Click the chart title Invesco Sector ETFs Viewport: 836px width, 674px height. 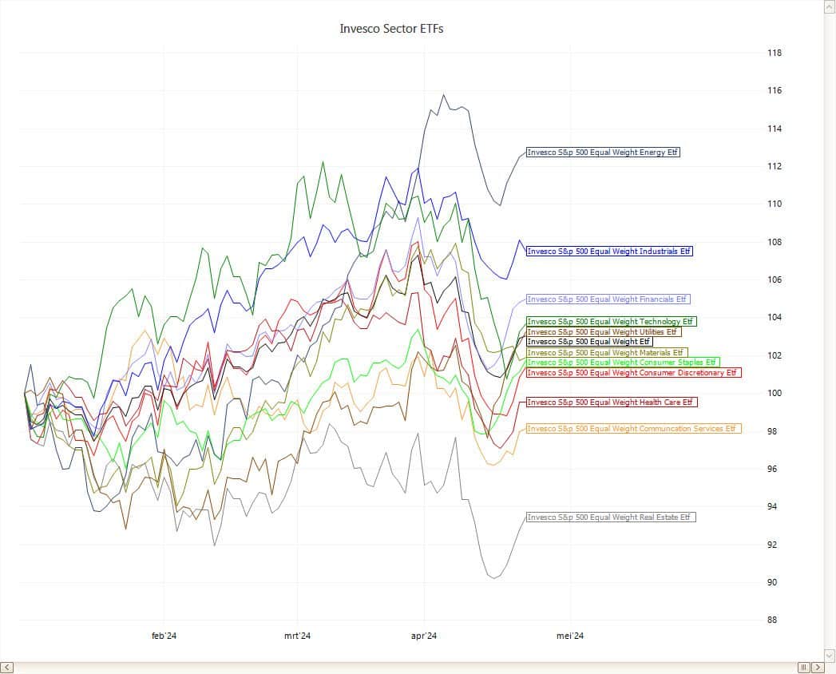391,29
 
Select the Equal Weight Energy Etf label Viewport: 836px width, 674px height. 603,152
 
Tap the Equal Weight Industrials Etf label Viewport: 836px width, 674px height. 609,251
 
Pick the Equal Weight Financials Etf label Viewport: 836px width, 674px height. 607,299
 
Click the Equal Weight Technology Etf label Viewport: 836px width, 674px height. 611,322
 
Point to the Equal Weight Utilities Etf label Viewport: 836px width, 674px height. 603,332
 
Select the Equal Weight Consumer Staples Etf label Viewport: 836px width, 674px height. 622,363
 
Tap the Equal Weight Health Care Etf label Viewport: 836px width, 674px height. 612,402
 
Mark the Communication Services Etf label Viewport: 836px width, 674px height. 633,429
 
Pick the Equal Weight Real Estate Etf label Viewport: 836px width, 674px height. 610,517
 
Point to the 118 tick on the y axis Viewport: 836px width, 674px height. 775,54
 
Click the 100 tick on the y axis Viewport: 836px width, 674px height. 775,394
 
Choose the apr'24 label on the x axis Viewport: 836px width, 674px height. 423,636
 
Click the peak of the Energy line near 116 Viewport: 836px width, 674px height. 444,95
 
